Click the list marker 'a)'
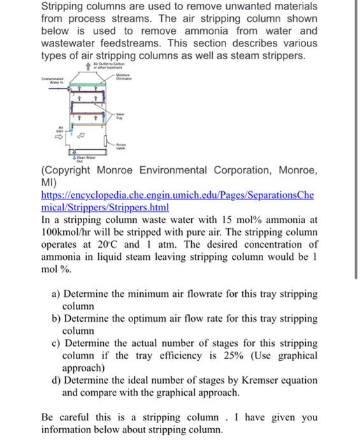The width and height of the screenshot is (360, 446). (x=55, y=294)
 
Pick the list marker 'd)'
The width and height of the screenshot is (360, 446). (x=55, y=380)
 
